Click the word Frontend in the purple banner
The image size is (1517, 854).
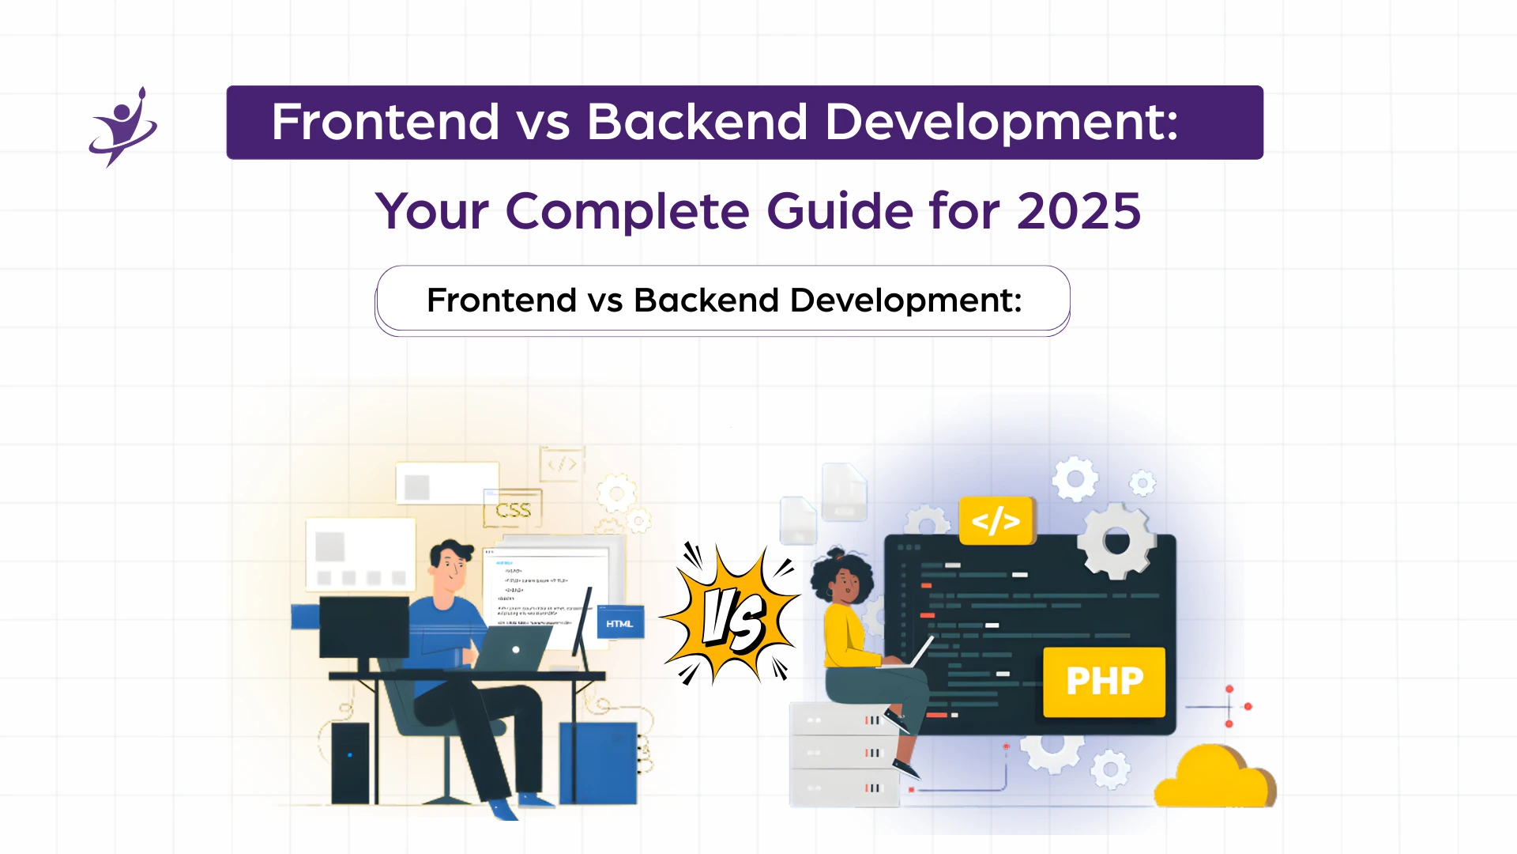coord(385,122)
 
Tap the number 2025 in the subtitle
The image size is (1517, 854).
coord(1078,211)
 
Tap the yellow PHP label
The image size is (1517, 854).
coord(1104,682)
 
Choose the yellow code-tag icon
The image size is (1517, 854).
coord(996,520)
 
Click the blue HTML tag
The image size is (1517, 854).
coord(619,624)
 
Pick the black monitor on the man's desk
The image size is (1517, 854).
coord(363,626)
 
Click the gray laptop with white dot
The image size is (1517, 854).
coord(514,649)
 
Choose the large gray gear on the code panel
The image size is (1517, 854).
coord(1116,542)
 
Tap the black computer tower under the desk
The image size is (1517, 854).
coord(349,762)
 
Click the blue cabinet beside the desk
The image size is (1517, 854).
coord(598,762)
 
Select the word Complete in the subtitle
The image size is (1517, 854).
coord(627,211)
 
